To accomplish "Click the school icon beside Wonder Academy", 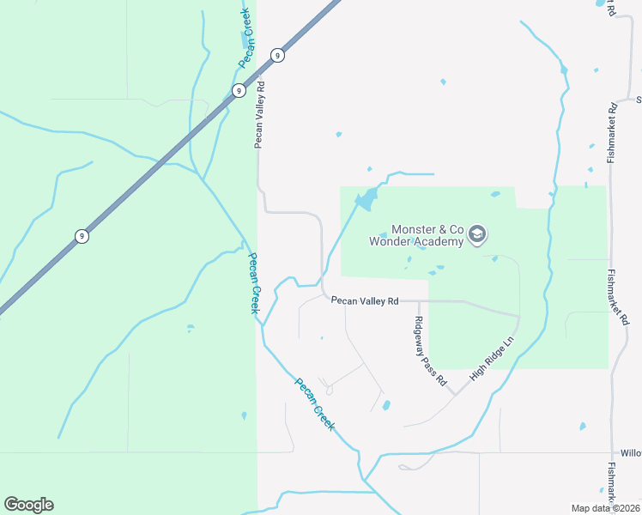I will coord(478,234).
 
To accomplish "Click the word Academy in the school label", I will coord(439,241).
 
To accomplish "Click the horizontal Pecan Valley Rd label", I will coord(365,301).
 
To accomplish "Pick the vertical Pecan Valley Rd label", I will coord(257,115).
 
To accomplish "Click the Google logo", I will coord(28,505).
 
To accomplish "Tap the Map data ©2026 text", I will coord(604,507).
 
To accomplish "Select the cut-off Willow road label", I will coord(631,452).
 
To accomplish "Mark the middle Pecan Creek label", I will coord(253,282).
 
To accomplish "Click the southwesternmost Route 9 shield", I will coord(81,236).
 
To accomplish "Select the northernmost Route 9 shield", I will coord(277,56).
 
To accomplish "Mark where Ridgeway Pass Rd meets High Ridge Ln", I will coord(454,396).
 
